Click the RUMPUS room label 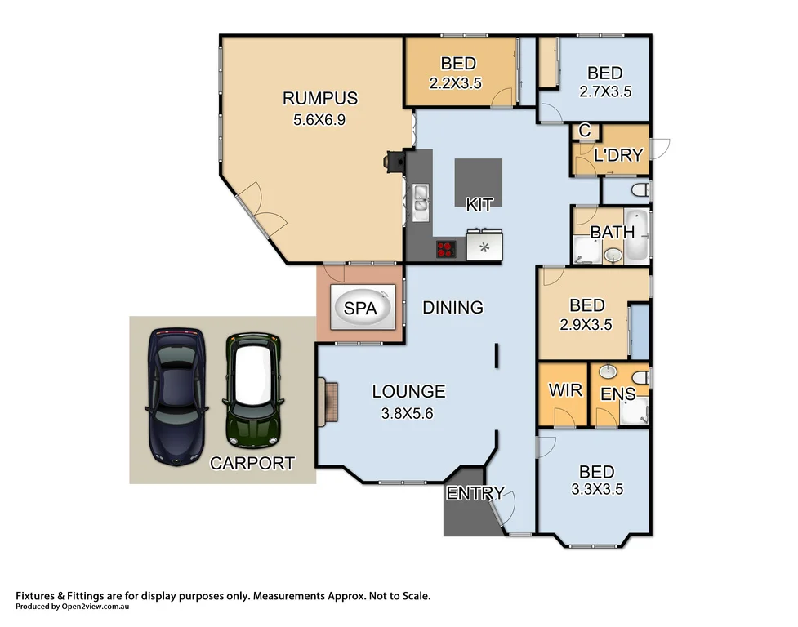(319, 99)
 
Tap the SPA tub (360, 309)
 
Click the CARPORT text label (252, 464)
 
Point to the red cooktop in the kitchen (446, 249)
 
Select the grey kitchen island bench (479, 182)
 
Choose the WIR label (564, 390)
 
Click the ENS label (617, 394)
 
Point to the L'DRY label (618, 155)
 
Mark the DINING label (452, 308)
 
